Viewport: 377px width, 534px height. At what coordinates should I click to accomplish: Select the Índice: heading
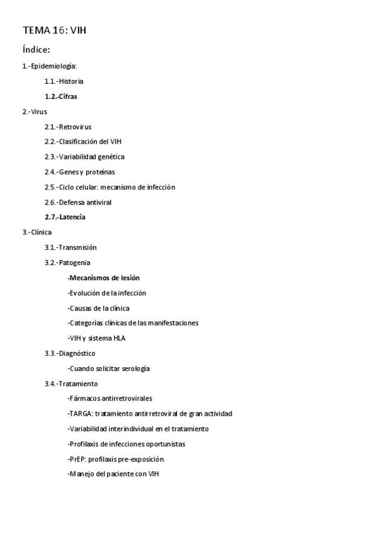pyautogui.click(x=36, y=50)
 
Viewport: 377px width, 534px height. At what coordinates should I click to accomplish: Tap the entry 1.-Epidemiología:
pyautogui.click(x=49, y=66)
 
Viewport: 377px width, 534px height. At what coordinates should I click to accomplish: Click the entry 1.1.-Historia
pyautogui.click(x=64, y=81)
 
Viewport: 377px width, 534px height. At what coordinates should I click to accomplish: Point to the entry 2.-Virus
pyautogui.click(x=35, y=111)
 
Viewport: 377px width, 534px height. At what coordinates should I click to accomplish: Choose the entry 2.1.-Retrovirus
pyautogui.click(x=67, y=127)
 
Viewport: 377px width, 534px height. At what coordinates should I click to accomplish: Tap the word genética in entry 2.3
pyautogui.click(x=111, y=157)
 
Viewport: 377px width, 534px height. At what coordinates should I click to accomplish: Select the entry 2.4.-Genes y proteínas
pyautogui.click(x=79, y=172)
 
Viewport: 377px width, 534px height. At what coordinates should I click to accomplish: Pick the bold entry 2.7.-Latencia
pyautogui.click(x=65, y=217)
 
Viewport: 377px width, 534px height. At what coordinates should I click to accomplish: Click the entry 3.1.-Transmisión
pyautogui.click(x=70, y=247)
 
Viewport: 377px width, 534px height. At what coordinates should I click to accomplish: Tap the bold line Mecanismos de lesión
pyautogui.click(x=104, y=278)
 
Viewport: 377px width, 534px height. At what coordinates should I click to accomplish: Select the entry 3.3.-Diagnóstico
pyautogui.click(x=70, y=353)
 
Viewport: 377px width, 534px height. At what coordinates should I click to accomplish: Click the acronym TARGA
pyautogui.click(x=79, y=414)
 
